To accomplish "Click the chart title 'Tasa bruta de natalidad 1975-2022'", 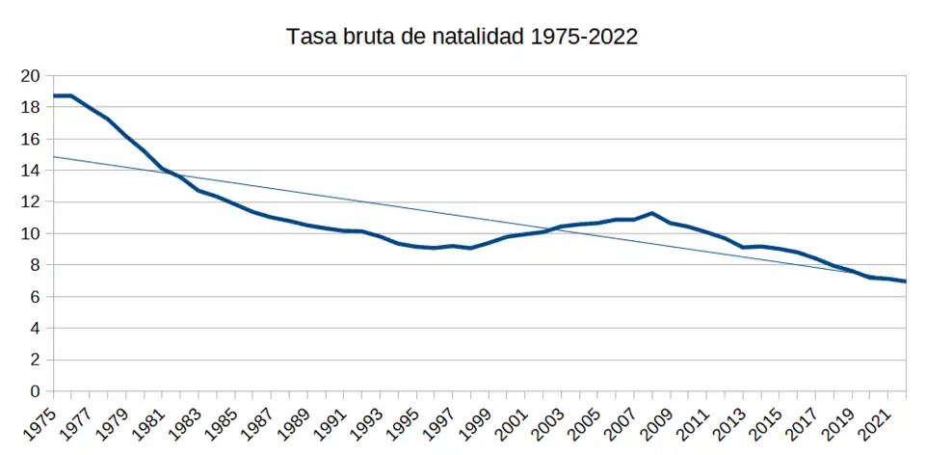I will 462,38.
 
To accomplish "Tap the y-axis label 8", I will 36,265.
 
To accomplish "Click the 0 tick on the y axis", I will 36,391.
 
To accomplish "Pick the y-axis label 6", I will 36,297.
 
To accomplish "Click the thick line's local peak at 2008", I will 652,213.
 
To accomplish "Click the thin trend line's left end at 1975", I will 53,156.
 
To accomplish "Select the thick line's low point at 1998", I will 470,248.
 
